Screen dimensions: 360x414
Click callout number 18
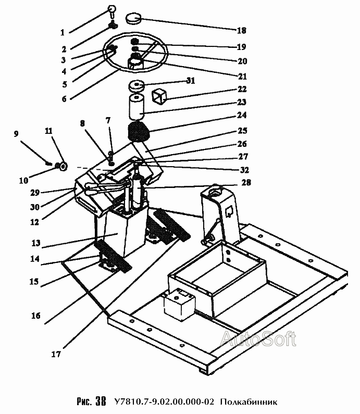pyautogui.click(x=241, y=30)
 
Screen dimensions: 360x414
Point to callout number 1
pyautogui.click(x=63, y=32)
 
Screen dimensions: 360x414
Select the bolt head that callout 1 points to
pyautogui.click(x=111, y=9)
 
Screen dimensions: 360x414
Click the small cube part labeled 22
pyautogui.click(x=159, y=96)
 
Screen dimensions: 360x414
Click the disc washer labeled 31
pyautogui.click(x=136, y=86)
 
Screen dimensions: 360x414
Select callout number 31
pyautogui.click(x=191, y=81)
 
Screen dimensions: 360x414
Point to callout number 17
pyautogui.click(x=56, y=354)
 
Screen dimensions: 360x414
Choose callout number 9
pyautogui.click(x=16, y=134)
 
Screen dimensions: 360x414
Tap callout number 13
pyautogui.click(x=35, y=243)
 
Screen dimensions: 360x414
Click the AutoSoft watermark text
pyautogui.click(x=258, y=339)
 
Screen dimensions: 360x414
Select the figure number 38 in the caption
pyautogui.click(x=101, y=402)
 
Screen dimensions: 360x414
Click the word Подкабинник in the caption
pyautogui.click(x=249, y=402)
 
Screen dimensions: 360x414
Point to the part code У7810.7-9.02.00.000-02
pyautogui.click(x=164, y=402)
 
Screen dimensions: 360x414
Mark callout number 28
pyautogui.click(x=246, y=182)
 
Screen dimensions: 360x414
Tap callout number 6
pyautogui.click(x=64, y=99)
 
